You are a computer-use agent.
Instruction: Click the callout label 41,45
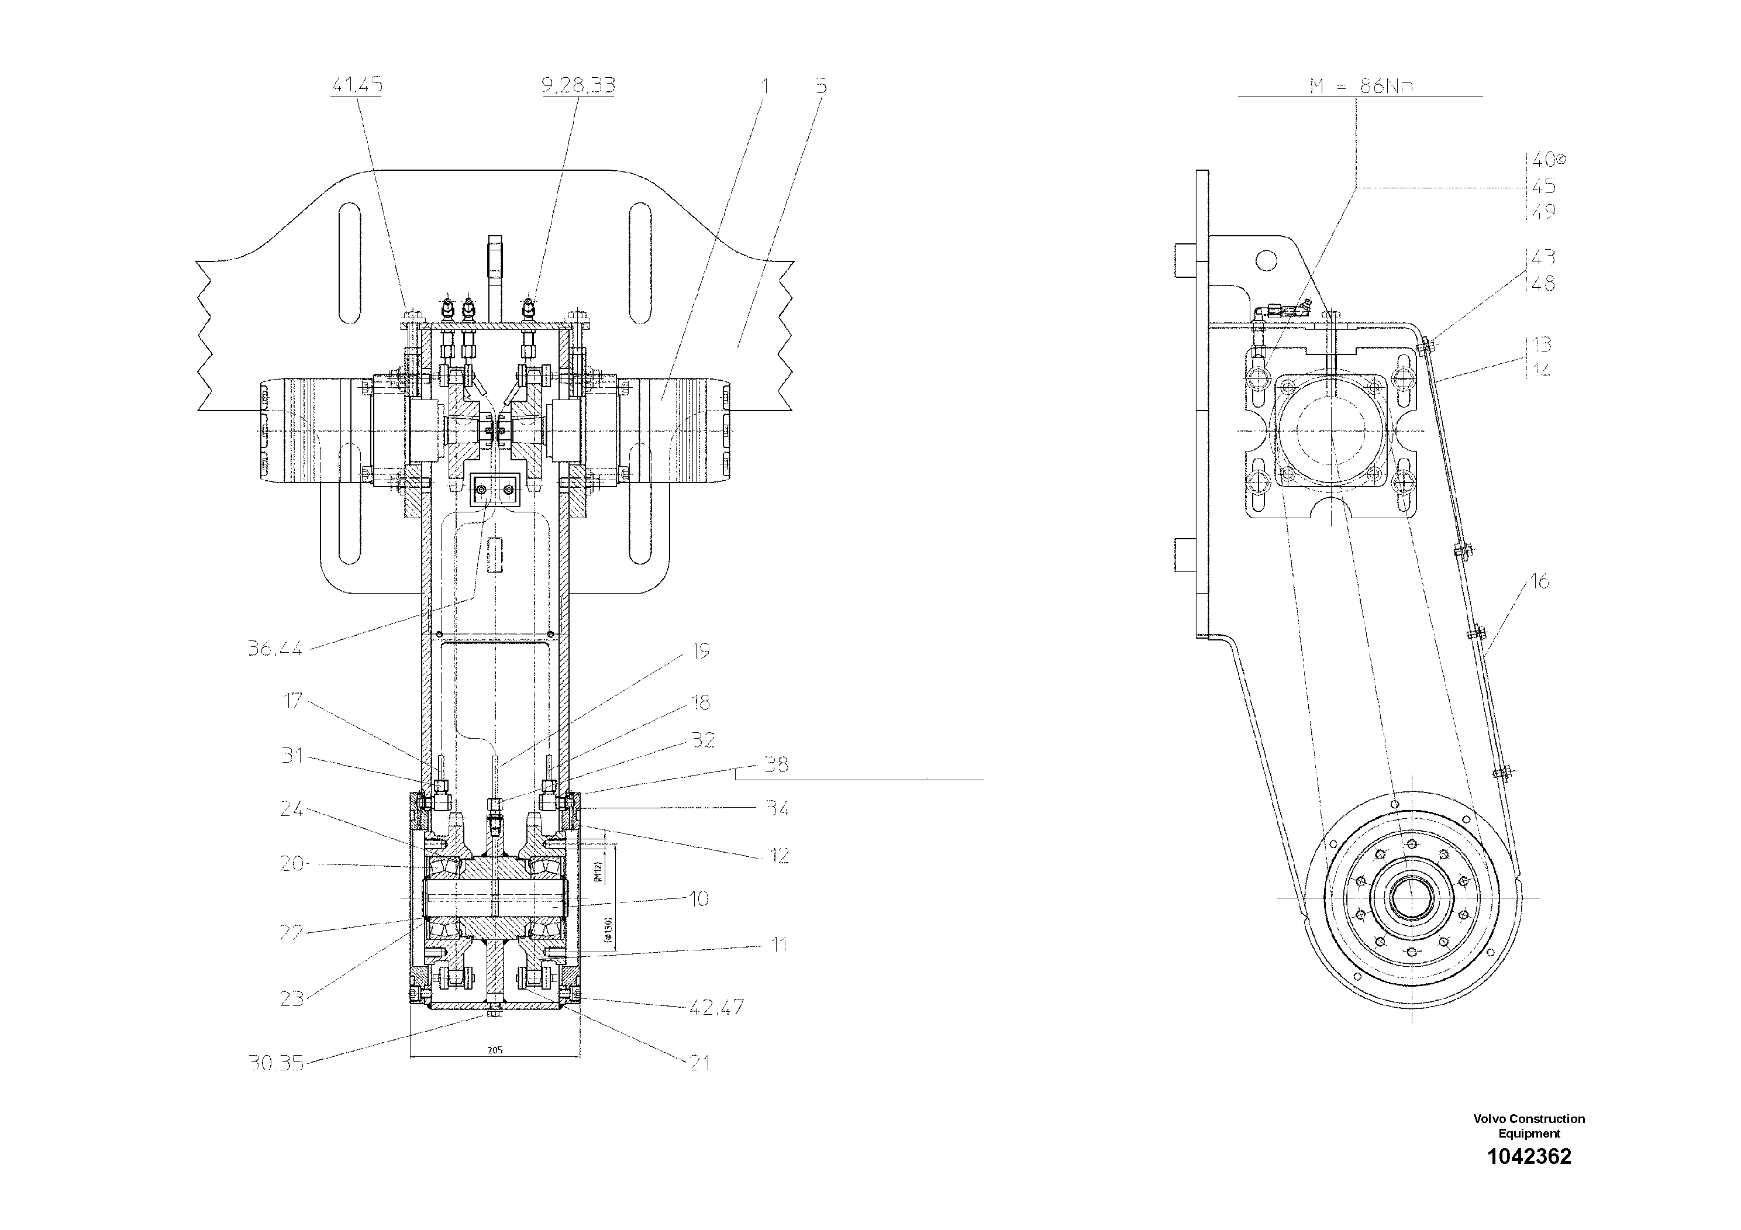[x=356, y=86]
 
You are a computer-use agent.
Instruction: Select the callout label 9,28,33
[x=578, y=86]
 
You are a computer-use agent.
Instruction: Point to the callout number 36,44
[x=274, y=649]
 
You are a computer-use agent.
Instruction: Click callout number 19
[x=700, y=650]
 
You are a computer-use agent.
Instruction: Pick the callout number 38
[x=775, y=764]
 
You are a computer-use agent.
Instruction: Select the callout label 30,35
[x=276, y=1063]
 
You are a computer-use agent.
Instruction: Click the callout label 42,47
[x=716, y=1007]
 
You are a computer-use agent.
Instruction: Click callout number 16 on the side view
[x=1539, y=581]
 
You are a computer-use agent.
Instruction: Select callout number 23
[x=291, y=999]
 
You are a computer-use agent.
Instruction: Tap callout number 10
[x=698, y=900]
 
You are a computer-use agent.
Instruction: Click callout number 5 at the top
[x=821, y=86]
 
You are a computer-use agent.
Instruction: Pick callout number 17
[x=292, y=701]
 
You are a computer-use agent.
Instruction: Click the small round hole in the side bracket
[x=1266, y=261]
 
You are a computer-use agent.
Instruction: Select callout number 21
[x=699, y=1063]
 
